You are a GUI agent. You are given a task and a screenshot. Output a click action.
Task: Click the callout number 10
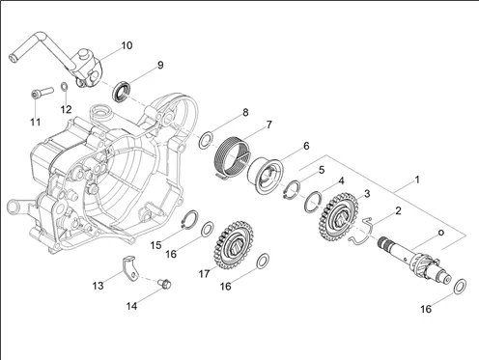click(x=127, y=45)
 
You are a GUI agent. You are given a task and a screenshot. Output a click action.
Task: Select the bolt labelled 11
click(x=42, y=92)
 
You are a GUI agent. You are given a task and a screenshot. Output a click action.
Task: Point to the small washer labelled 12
click(x=64, y=87)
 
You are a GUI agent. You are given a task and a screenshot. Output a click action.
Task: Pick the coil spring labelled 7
click(x=232, y=157)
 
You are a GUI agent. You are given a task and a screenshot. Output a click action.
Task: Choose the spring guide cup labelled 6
click(x=266, y=177)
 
